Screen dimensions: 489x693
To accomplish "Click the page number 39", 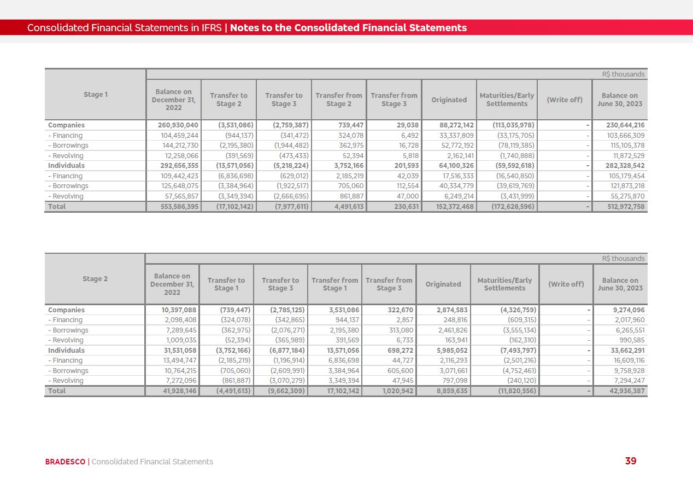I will click(x=631, y=461).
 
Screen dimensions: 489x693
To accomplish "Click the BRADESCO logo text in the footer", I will click(x=65, y=462).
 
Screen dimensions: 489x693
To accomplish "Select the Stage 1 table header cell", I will click(x=96, y=95).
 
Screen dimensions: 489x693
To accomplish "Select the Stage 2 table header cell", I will click(x=95, y=279).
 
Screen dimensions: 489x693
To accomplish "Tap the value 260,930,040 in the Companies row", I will click(x=174, y=125).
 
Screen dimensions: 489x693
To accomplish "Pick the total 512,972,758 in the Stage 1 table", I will click(x=620, y=207).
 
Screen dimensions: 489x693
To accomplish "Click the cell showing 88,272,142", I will click(x=449, y=125).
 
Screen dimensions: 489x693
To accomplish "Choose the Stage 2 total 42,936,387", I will click(x=621, y=391).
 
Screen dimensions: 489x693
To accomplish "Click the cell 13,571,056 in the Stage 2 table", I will click(x=336, y=351).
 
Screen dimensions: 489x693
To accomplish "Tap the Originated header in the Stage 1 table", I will click(x=449, y=100).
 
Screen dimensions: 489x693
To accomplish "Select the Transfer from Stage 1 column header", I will click(x=334, y=284).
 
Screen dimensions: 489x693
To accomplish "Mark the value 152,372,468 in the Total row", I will click(x=449, y=207).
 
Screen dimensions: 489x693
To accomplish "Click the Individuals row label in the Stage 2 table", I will click(x=66, y=351).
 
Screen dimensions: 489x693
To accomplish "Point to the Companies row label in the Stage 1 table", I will click(x=66, y=125).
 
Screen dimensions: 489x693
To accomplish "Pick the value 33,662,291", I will click(x=621, y=351).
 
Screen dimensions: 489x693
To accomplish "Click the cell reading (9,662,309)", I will click(x=281, y=391).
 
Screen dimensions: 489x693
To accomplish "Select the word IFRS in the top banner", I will click(x=211, y=28).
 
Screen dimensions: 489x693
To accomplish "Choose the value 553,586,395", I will click(x=174, y=207).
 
